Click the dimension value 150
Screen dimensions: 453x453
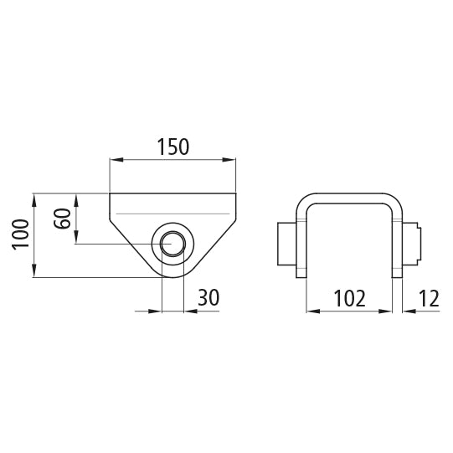(x=173, y=147)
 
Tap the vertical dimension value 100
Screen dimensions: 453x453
(x=22, y=235)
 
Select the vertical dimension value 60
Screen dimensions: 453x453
(x=62, y=219)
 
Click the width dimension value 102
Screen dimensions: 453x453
(x=350, y=297)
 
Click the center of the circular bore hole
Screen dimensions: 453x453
(x=174, y=244)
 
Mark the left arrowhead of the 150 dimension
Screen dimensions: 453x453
(x=116, y=160)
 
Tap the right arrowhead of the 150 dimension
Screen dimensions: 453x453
(x=231, y=160)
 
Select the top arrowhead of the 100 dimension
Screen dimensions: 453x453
(x=34, y=198)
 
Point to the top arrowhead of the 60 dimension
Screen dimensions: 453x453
(x=76, y=198)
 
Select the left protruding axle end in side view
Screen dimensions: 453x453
(x=286, y=244)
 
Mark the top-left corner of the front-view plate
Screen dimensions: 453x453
(x=111, y=193)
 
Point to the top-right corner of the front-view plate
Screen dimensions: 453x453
(x=236, y=193)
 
